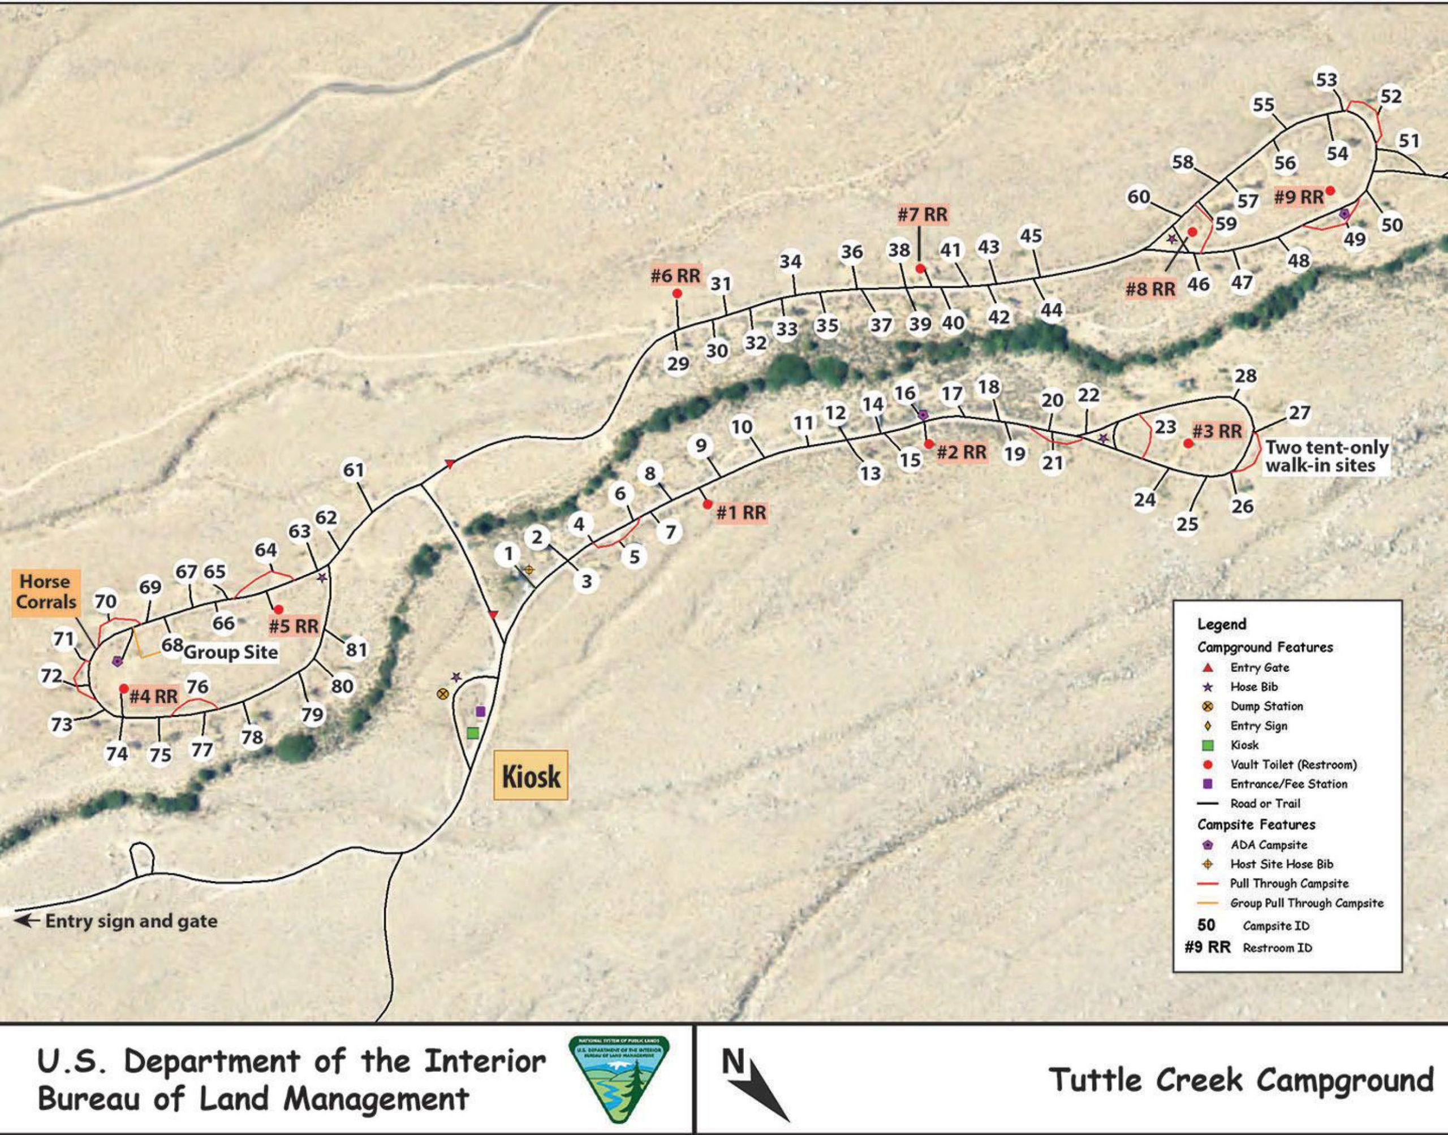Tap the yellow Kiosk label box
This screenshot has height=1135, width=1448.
pyautogui.click(x=531, y=775)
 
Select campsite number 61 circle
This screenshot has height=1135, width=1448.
pyautogui.click(x=354, y=471)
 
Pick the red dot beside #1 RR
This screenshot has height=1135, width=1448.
pyautogui.click(x=707, y=504)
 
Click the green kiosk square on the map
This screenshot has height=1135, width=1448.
pyautogui.click(x=472, y=733)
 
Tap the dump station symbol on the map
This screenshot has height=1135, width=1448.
pyautogui.click(x=442, y=694)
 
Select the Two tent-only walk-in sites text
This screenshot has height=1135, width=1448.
pyautogui.click(x=1326, y=456)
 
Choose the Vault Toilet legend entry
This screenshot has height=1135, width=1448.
pyautogui.click(x=1292, y=764)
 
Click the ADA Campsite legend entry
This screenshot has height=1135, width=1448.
pyautogui.click(x=1268, y=844)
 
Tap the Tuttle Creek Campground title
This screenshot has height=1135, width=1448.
pyautogui.click(x=1240, y=1080)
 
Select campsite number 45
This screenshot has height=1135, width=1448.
pyautogui.click(x=1031, y=236)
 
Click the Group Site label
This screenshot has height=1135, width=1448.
pyautogui.click(x=230, y=652)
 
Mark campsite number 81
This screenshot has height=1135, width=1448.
pyautogui.click(x=356, y=649)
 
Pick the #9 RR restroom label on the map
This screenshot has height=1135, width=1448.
pyautogui.click(x=1299, y=197)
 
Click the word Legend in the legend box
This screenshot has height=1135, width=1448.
pyautogui.click(x=1221, y=624)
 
